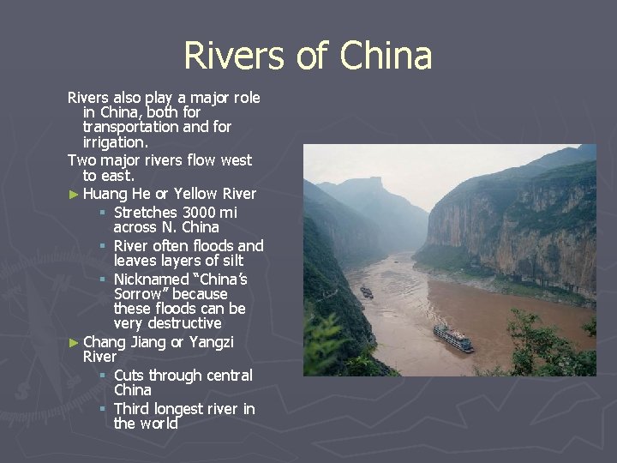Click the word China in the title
(386, 57)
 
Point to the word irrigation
(114, 142)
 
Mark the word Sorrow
(139, 293)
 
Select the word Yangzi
(211, 342)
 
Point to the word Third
(132, 409)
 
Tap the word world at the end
(159, 424)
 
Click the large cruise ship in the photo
(453, 338)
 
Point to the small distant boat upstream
(367, 292)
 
